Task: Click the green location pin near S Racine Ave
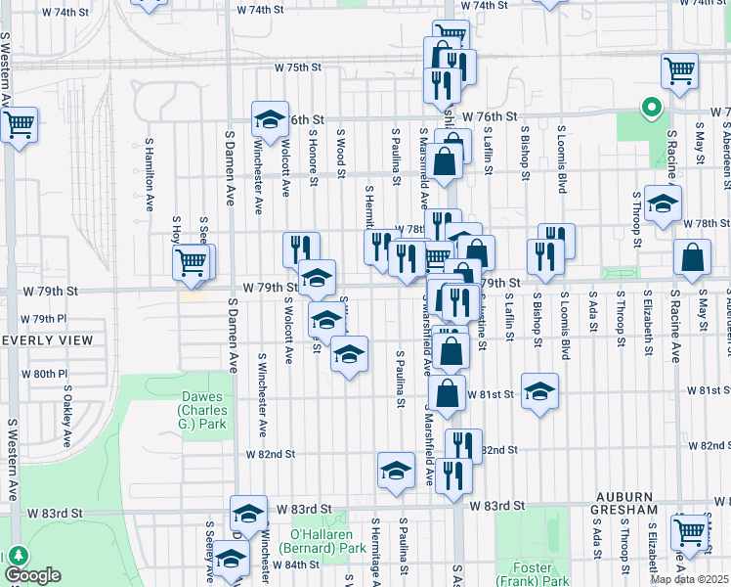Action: [650, 109]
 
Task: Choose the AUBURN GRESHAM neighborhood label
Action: [636, 510]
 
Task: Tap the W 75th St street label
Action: [298, 68]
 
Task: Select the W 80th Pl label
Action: [49, 374]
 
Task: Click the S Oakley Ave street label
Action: [67, 418]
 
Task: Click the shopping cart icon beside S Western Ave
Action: [20, 125]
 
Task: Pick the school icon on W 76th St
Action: [269, 119]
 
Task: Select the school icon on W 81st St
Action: [539, 391]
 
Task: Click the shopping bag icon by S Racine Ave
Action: [692, 258]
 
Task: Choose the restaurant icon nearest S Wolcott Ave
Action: [301, 249]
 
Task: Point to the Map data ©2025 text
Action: [689, 579]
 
